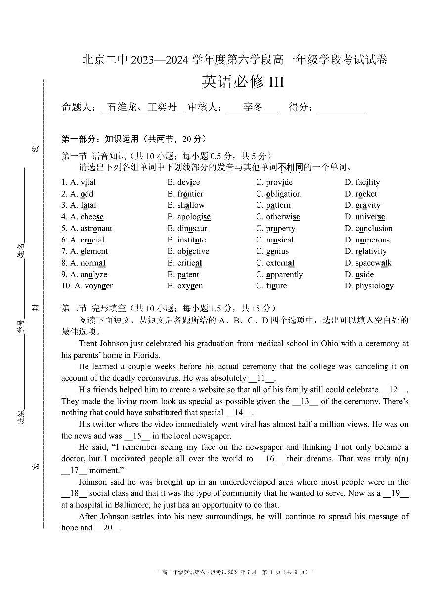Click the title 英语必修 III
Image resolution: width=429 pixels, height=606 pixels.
tap(243, 81)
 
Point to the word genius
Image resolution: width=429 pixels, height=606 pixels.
tap(277, 251)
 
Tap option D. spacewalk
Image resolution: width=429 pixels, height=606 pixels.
tap(368, 263)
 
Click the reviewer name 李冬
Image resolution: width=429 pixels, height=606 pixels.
tap(253, 107)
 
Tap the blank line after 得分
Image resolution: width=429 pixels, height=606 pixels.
tap(341, 108)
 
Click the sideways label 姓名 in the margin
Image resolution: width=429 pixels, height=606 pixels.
tap(21, 251)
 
